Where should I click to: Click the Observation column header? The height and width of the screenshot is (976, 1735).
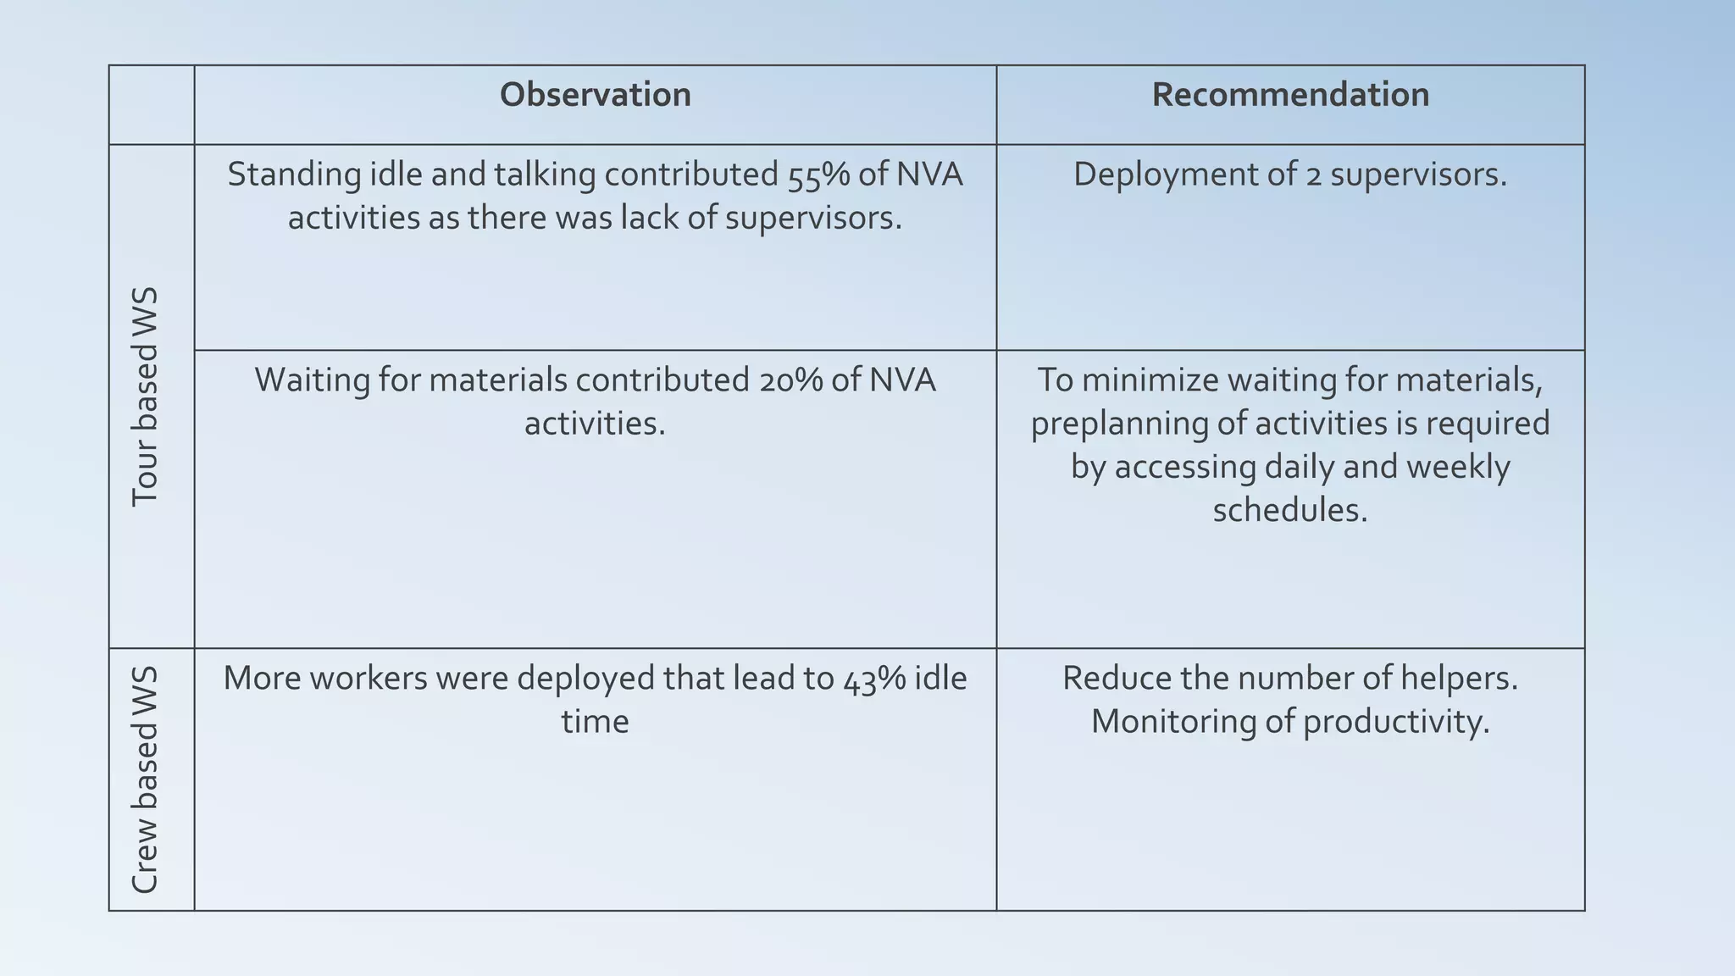point(595,95)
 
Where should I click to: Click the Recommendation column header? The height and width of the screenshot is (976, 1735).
point(1290,95)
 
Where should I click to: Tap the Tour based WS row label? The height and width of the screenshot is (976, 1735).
point(146,396)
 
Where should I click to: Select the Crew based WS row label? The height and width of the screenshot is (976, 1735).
point(146,779)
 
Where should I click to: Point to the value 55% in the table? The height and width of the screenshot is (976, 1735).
point(820,175)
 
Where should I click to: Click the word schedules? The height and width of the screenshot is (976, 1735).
point(1289,510)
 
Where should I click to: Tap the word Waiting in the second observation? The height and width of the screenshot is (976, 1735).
point(311,380)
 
